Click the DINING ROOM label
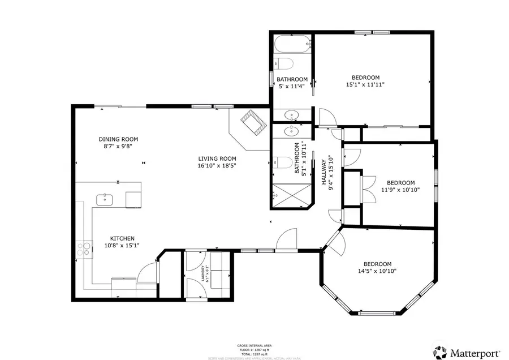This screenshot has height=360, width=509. coord(118,139)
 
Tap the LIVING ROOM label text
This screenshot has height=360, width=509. coord(217,158)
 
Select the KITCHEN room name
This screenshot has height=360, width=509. coord(122,238)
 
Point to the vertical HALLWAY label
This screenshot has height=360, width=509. coord(324,169)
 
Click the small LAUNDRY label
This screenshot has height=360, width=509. coord(202,275)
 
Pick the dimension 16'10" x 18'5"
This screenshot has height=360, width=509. coord(217,166)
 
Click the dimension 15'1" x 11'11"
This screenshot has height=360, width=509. coord(365,85)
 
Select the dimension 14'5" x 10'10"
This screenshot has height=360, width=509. coord(377,271)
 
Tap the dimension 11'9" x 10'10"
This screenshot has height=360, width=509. coord(400,190)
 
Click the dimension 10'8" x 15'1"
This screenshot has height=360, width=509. coord(122,246)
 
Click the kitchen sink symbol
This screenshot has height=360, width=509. coord(105,199)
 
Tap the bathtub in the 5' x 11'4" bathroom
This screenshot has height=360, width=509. coord(292,44)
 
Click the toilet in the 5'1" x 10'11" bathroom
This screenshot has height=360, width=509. coord(283,163)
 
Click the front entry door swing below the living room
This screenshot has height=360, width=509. coord(287,239)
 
